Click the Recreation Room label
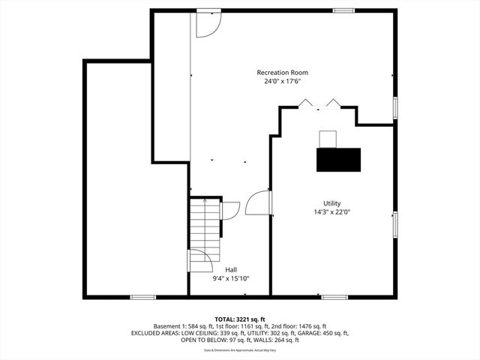(x=282, y=73)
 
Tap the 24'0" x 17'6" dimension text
(x=282, y=82)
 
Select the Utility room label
(x=332, y=203)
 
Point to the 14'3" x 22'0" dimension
(x=332, y=212)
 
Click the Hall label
(x=232, y=268)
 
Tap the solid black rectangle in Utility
(x=338, y=160)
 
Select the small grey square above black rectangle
(x=328, y=139)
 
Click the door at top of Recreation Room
(x=208, y=24)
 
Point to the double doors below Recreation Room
(x=319, y=103)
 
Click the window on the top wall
(x=343, y=10)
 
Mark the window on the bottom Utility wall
(x=334, y=297)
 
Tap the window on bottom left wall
(x=142, y=297)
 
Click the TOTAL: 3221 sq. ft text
(x=240, y=319)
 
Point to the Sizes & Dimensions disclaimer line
(x=240, y=349)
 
